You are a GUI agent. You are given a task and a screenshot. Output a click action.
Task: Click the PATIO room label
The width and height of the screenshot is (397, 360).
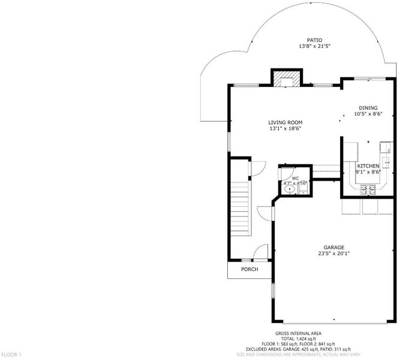[314, 40]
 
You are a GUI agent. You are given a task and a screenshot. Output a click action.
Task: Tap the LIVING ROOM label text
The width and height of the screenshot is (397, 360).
[285, 122]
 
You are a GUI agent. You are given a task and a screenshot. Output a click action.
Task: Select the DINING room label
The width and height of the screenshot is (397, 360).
[368, 107]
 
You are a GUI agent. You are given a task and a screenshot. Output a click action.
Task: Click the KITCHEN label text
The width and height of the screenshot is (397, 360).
[368, 166]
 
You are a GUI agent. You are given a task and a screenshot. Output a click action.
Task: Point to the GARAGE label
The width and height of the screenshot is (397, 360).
[333, 247]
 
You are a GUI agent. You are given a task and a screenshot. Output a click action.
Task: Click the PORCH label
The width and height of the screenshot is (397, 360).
[249, 269]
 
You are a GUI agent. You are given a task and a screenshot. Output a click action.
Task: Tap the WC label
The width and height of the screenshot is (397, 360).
[295, 178]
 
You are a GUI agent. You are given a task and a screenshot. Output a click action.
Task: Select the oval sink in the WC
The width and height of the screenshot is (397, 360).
[290, 189]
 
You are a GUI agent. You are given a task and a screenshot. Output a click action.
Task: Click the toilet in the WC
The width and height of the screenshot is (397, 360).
[303, 190]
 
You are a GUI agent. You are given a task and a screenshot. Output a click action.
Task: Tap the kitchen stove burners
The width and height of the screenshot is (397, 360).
[368, 190]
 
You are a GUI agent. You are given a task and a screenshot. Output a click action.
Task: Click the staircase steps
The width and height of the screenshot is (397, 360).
[239, 209]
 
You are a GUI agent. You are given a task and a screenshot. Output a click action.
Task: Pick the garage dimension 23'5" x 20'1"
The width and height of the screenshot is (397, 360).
[333, 253]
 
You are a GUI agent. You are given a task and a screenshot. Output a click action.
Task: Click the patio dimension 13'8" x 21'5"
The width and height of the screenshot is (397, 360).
[314, 46]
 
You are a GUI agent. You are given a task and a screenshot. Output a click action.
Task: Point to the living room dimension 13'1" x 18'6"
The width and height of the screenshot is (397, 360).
[285, 128]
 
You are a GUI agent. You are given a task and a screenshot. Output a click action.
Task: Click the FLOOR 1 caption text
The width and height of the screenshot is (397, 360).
[11, 355]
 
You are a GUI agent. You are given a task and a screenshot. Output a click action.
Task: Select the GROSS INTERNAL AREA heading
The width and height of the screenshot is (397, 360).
[298, 334]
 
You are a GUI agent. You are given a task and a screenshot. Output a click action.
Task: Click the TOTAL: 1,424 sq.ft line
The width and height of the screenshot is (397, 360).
[298, 338]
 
